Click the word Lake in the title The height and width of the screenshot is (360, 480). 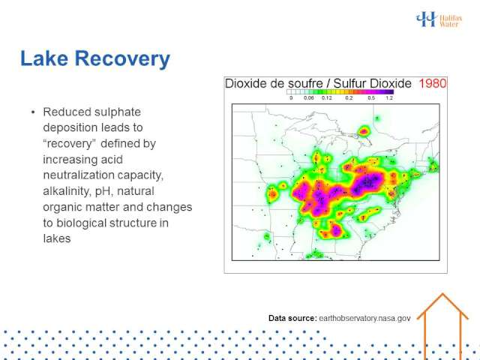tap(44, 58)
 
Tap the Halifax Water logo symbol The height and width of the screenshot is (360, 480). tap(426, 19)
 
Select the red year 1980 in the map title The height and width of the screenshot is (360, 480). tap(433, 83)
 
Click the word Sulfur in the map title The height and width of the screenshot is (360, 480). tap(349, 83)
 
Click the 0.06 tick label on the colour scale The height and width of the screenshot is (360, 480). tap(308, 98)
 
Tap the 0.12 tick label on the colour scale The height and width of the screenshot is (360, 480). tap(327, 98)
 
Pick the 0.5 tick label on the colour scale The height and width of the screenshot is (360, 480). tap(371, 98)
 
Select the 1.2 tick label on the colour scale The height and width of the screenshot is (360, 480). tap(389, 98)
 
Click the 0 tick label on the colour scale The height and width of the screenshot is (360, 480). tap(291, 98)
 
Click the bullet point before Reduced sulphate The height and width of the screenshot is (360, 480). tap(33, 112)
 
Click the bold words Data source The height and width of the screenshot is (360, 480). tap(292, 318)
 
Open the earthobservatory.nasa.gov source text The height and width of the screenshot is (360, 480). tap(364, 318)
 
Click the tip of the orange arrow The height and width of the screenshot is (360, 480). tap(442, 293)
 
